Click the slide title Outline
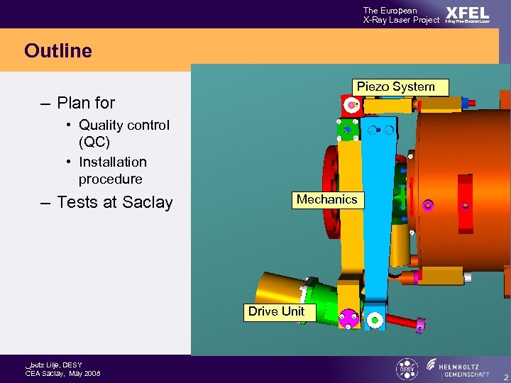click(58, 51)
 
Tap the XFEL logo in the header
click(467, 14)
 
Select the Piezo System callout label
click(395, 87)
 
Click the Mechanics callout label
click(326, 200)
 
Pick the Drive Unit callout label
click(276, 311)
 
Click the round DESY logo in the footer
click(406, 369)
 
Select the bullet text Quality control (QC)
click(123, 133)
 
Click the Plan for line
click(85, 103)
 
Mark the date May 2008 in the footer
click(84, 374)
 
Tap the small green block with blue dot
click(347, 129)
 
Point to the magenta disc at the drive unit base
click(348, 319)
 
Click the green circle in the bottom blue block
click(375, 320)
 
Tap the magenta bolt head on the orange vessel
click(428, 205)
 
